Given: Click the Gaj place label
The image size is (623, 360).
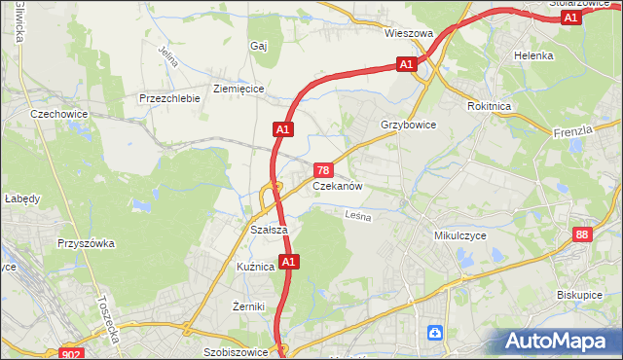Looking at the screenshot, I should coord(258,46).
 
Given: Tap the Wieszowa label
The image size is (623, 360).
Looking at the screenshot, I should coord(408,33).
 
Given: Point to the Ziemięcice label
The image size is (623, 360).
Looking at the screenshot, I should coord(238,89).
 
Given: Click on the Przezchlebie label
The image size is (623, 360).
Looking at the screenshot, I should coord(169,98).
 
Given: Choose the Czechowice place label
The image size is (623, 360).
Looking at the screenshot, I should coord(59,114).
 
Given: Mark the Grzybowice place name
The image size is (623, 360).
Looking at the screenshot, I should coord(408,126).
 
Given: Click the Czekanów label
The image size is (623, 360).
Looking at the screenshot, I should coord(338,186).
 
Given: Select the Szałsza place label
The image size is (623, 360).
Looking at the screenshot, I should coord(268,230).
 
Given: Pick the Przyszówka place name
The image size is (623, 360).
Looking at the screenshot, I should coord(86,243).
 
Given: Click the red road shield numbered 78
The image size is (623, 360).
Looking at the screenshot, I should coord(323,170).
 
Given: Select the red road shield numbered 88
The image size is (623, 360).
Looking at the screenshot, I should coord(582,234).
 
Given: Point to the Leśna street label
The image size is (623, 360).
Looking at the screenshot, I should coord(358,218).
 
